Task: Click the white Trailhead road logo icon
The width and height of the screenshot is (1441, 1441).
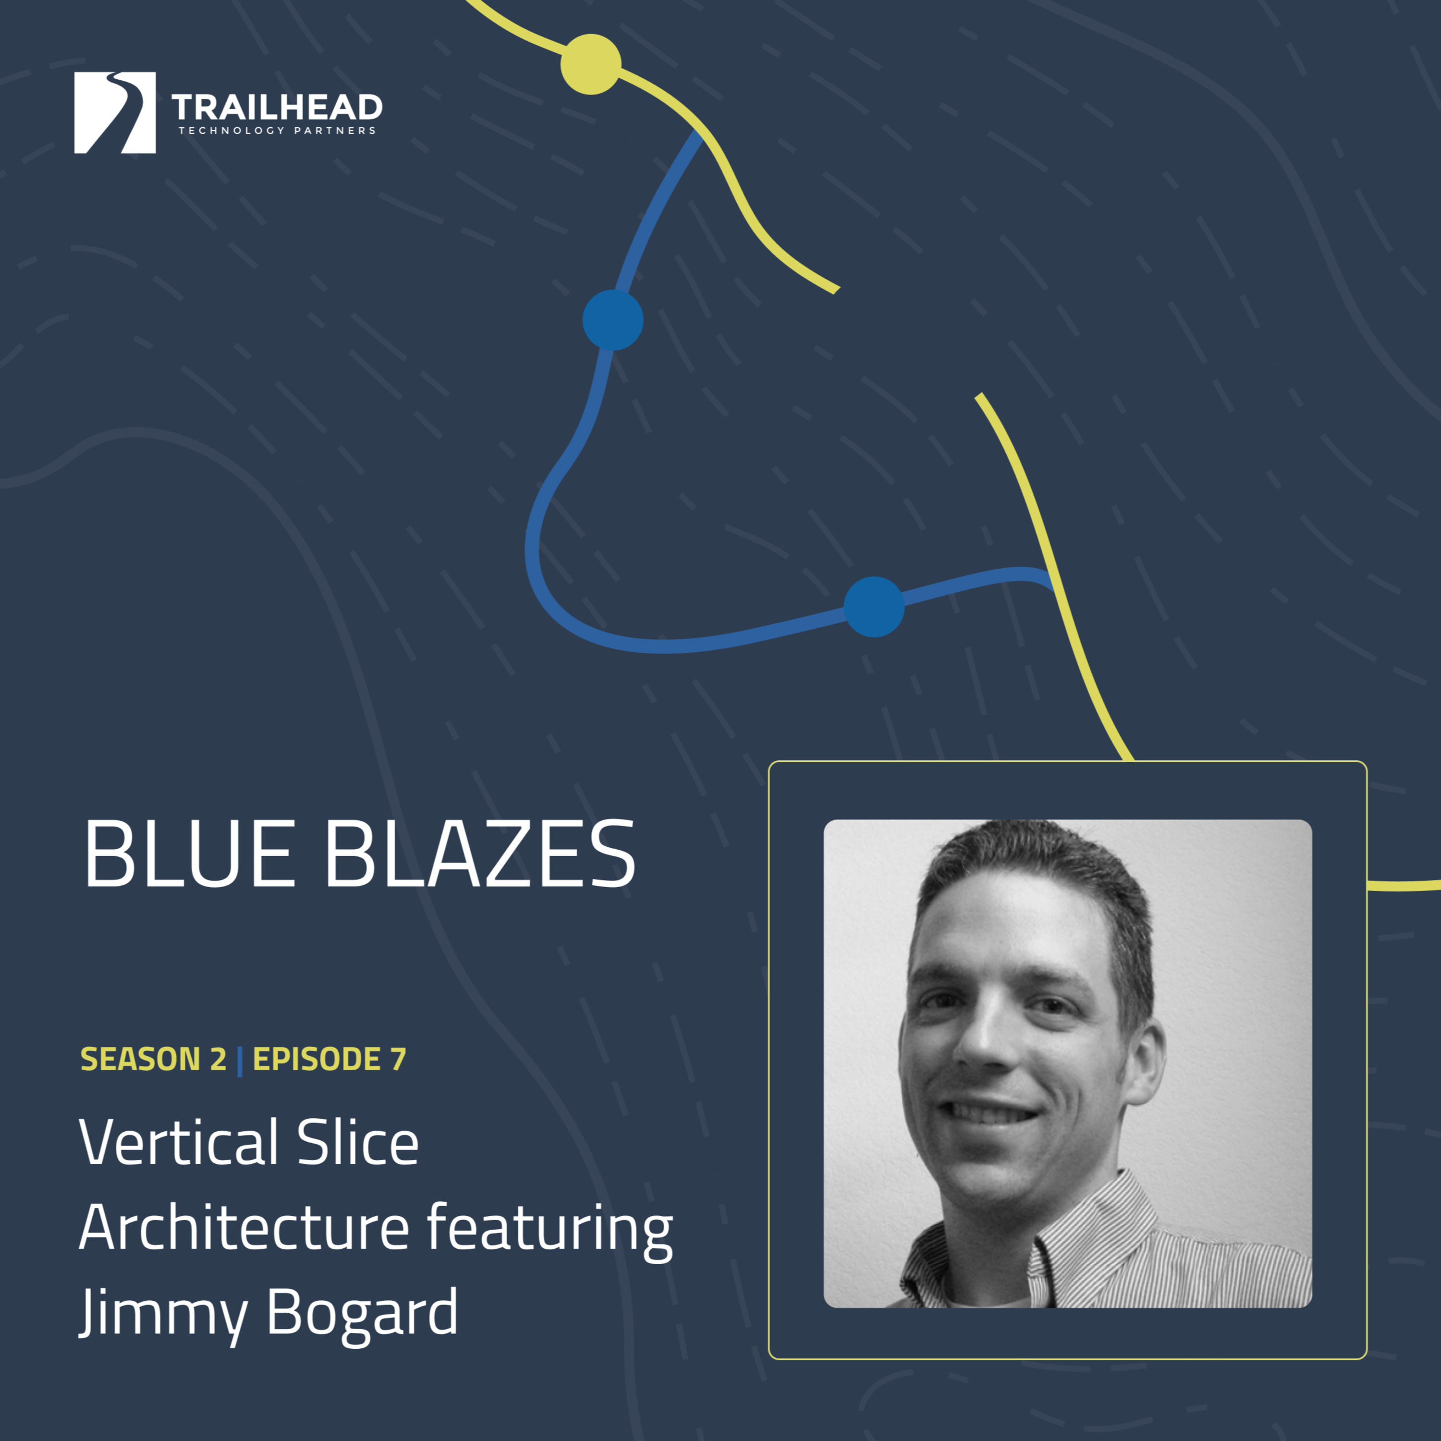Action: pos(115,112)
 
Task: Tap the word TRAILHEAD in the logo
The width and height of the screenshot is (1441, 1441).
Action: pos(277,108)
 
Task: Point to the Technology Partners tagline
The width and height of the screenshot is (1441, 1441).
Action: pos(277,131)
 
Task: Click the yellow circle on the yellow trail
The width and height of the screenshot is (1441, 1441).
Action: pos(591,64)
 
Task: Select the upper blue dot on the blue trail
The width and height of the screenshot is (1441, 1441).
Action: pos(613,320)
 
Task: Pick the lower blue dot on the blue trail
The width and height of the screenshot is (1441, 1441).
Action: pos(874,606)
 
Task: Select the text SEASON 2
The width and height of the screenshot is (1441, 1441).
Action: pos(153,1059)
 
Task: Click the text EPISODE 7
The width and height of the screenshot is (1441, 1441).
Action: pos(330,1059)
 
